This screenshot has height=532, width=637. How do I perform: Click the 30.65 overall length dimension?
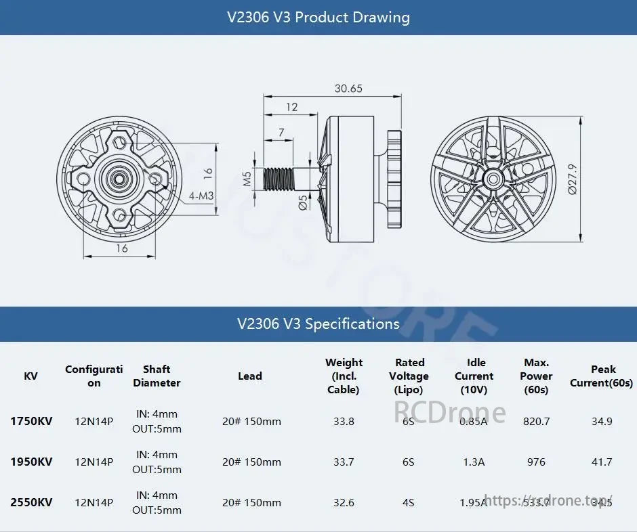348,89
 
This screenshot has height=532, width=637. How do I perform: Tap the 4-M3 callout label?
201,196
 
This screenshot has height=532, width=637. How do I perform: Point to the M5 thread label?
248,179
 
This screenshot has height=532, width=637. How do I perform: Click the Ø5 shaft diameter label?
303,202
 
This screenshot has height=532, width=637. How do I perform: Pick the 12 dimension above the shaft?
291,107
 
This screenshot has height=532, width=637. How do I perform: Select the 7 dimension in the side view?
281,133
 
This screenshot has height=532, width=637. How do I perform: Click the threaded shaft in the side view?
281,179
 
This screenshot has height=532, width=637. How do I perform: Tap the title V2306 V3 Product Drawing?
318,17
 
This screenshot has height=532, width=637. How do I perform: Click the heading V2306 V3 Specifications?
318,324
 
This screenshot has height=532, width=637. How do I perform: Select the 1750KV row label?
31,421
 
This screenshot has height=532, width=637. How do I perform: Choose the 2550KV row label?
31,502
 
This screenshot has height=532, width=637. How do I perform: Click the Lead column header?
250,376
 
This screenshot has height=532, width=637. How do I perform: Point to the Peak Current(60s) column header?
602,376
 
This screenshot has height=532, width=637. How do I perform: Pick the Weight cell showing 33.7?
344,462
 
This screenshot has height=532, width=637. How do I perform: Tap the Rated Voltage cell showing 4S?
409,502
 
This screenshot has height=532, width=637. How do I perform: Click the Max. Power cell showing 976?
536,462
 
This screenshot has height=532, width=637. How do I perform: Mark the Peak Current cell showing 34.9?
602,421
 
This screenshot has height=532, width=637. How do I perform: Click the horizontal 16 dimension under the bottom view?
122,248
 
